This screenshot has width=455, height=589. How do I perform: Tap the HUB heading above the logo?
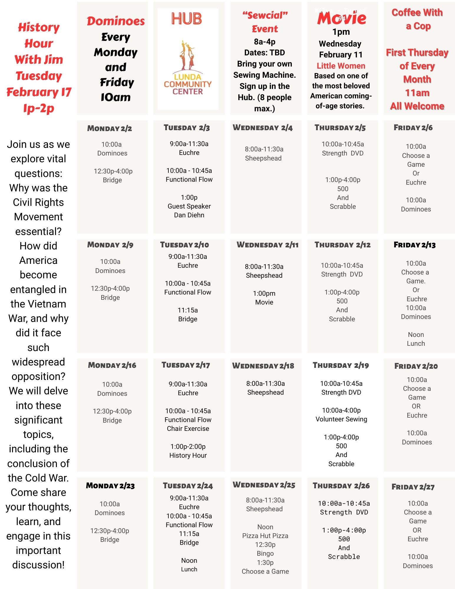187,19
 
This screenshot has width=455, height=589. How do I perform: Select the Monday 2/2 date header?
110,128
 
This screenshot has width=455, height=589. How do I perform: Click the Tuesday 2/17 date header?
186,365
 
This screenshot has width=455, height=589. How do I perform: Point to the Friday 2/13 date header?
414,245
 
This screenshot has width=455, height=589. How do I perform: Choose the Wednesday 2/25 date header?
264,485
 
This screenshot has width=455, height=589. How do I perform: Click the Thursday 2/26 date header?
341,486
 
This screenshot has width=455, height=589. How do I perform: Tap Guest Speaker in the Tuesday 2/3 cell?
189,206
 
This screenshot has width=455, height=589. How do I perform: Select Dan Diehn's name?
189,215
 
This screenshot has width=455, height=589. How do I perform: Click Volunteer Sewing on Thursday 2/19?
341,419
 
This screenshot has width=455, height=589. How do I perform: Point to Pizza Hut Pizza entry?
265,536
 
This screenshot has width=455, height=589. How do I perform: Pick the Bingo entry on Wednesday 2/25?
265,553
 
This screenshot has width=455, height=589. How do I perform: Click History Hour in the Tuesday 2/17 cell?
188,455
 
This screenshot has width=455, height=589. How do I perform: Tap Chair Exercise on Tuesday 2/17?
188,428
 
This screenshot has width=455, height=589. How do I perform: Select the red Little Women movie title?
341,66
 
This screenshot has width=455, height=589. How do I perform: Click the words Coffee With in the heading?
417,13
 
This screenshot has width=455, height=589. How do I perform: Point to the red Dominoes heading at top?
116,21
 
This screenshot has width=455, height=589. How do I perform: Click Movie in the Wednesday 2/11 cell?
264,302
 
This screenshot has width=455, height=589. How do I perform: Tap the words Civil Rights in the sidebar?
38,202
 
